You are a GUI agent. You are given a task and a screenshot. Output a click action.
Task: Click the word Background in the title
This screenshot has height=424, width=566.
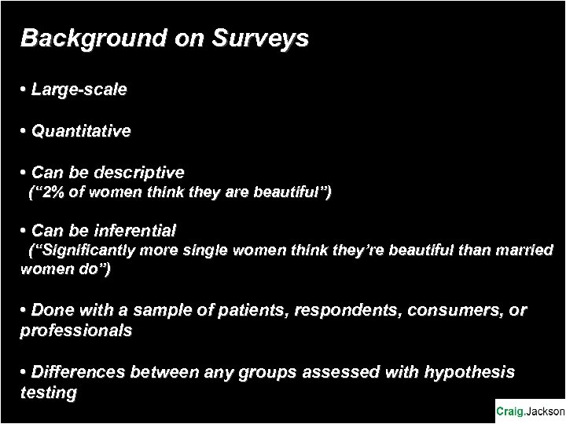click(74, 38)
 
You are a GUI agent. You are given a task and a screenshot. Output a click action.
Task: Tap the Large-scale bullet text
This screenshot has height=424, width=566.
click(79, 91)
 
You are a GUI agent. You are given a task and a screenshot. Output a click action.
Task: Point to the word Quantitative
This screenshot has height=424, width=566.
click(81, 131)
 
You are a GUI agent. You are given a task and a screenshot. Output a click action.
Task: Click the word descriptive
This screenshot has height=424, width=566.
click(140, 172)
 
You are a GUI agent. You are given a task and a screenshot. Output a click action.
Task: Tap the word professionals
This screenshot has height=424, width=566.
click(76, 331)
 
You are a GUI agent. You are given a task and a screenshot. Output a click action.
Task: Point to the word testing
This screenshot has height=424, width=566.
click(48, 391)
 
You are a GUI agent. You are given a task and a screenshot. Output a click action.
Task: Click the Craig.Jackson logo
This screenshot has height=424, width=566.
click(529, 410)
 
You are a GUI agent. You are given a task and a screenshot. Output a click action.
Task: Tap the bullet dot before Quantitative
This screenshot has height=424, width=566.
click(24, 131)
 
